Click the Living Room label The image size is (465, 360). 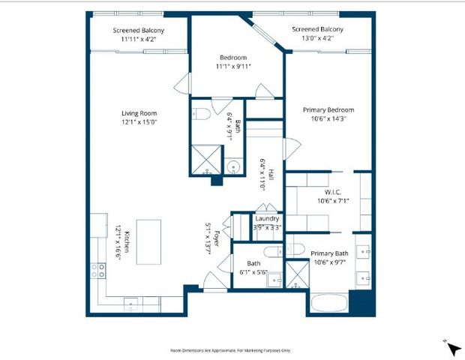pos(138,113)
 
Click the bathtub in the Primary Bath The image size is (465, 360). pos(328,304)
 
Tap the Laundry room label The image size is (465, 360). pos(267,219)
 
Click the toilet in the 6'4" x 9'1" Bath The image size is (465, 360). pos(200,115)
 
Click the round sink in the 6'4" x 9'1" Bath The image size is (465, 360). pos(233,167)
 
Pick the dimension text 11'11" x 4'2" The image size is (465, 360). pos(139,40)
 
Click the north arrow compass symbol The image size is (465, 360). pos(453,347)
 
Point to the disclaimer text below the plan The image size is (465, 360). pos(232,349)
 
